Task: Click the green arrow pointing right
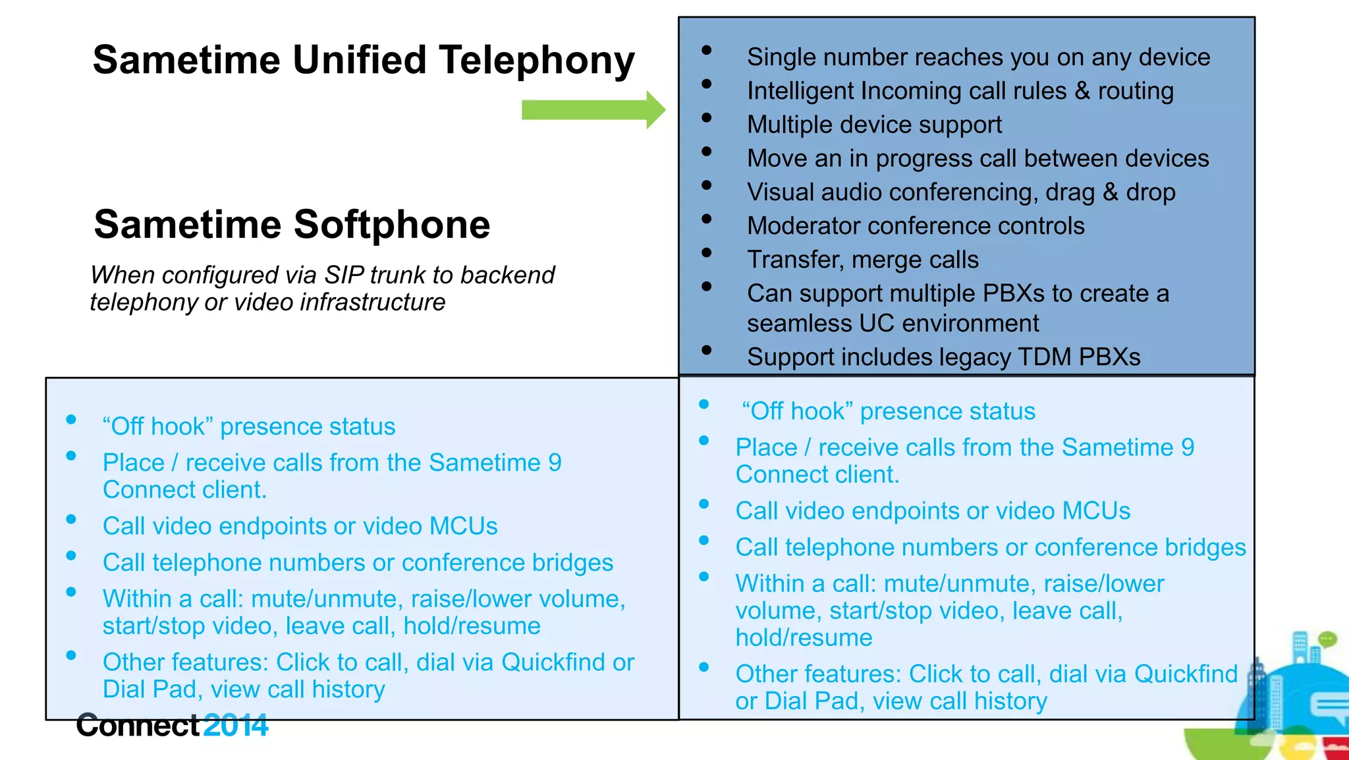[593, 110]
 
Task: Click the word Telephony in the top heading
[536, 61]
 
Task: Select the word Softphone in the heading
[392, 225]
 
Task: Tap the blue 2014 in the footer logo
[235, 726]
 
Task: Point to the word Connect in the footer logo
[137, 726]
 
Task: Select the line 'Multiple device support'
[874, 125]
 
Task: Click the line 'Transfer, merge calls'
[862, 260]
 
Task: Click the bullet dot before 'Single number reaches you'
[707, 50]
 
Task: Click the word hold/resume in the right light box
[804, 638]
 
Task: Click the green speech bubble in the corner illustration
[1327, 638]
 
